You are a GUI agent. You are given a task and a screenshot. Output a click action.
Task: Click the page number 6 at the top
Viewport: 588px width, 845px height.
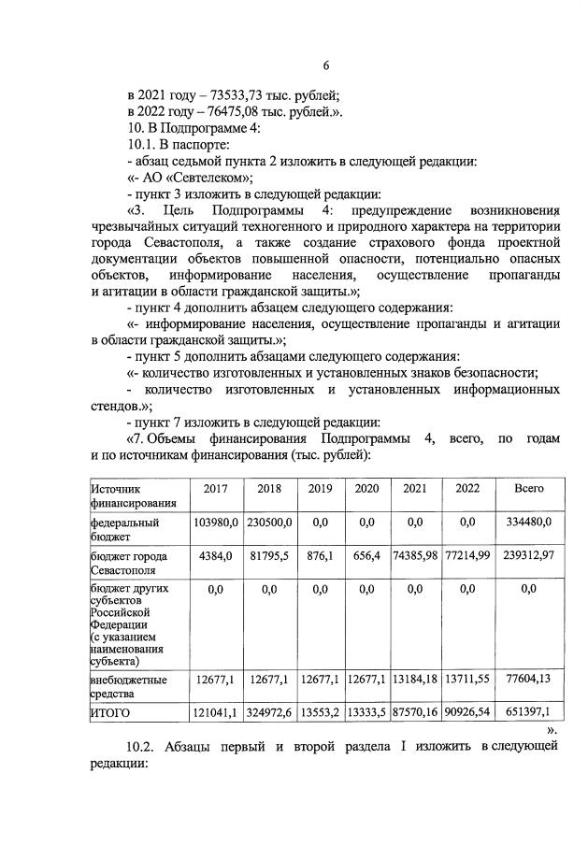[x=326, y=65]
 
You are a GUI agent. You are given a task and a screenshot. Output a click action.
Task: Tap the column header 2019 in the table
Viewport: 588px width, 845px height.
[x=319, y=489]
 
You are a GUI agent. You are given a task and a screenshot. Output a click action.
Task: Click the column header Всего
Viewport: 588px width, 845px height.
[x=528, y=489]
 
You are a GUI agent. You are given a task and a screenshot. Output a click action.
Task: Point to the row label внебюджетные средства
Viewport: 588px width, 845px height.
[x=128, y=686]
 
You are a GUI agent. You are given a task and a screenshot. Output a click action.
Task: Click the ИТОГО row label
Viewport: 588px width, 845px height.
[x=110, y=713]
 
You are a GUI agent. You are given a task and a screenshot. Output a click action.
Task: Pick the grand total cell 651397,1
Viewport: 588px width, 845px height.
[x=528, y=713]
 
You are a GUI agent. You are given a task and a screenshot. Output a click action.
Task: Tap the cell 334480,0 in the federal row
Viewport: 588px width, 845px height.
[x=528, y=523]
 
